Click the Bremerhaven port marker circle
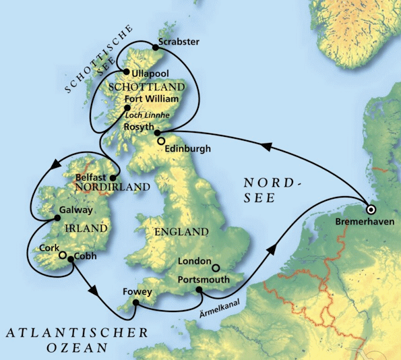(x=370, y=209)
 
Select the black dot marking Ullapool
(x=126, y=72)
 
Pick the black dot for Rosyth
(x=157, y=133)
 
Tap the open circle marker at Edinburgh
(x=160, y=141)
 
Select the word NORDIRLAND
(x=102, y=186)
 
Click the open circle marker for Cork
(x=62, y=256)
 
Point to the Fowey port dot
(x=135, y=303)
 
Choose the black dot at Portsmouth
(x=199, y=290)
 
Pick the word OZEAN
(x=78, y=348)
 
